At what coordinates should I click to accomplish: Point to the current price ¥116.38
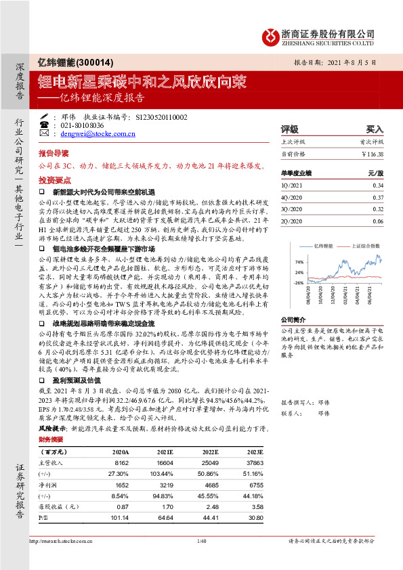click(x=372, y=154)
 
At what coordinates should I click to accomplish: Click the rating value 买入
click(x=375, y=129)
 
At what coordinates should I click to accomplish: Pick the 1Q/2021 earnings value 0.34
click(x=378, y=185)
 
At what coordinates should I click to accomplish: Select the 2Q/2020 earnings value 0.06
click(x=378, y=221)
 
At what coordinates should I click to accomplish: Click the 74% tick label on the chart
click(x=299, y=261)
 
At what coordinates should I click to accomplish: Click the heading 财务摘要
click(x=51, y=439)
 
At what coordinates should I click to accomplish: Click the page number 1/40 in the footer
click(x=201, y=541)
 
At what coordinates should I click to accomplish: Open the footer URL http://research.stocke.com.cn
click(x=63, y=541)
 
